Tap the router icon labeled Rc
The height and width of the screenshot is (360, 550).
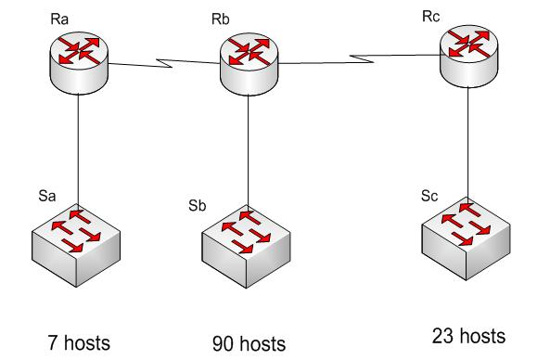pos(467,53)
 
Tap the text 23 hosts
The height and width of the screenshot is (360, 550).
pos(469,335)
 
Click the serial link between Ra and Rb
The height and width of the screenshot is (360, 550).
pos(162,64)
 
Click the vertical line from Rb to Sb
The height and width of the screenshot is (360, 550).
pos(248,148)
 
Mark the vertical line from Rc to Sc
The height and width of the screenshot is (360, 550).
pos(467,139)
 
